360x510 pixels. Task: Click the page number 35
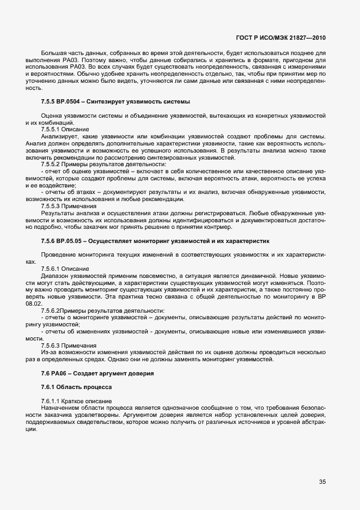click(x=322, y=482)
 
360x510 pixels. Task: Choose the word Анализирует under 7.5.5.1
click(x=58, y=136)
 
